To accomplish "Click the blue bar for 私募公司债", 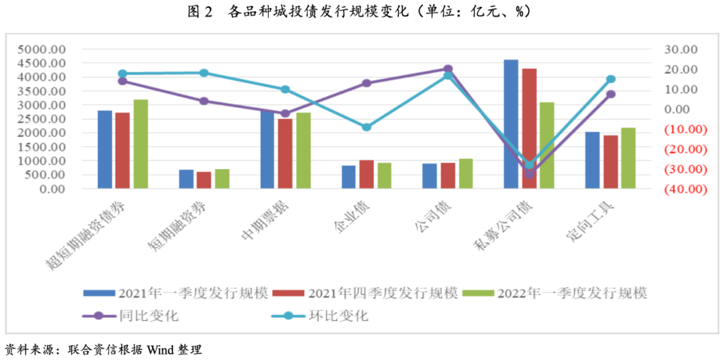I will pyautogui.click(x=511, y=124).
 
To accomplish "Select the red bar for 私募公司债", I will pyautogui.click(x=529, y=128).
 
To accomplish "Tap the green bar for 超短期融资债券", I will pyautogui.click(x=140, y=144).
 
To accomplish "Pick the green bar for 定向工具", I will pyautogui.click(x=628, y=158).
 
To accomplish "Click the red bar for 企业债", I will pyautogui.click(x=366, y=174).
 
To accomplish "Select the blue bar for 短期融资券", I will pyautogui.click(x=186, y=179).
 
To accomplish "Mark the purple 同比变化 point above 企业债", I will pyautogui.click(x=367, y=83).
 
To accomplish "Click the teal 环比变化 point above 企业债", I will pyautogui.click(x=367, y=127).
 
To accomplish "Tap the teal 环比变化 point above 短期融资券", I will pyautogui.click(x=204, y=73).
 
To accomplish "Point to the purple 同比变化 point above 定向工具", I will pyautogui.click(x=611, y=94).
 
